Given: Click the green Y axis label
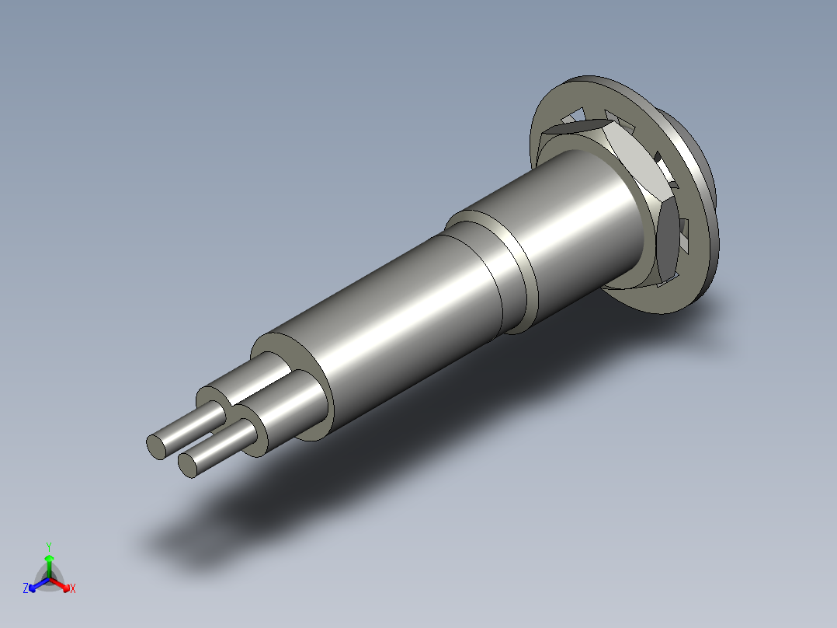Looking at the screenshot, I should tap(49, 546).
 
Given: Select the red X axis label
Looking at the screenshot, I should tap(73, 589).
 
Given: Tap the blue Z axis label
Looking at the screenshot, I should tap(26, 589).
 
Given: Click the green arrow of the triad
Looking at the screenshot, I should tap(49, 561).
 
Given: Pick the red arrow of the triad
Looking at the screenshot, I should tap(62, 584).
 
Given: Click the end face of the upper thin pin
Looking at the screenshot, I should tap(156, 445).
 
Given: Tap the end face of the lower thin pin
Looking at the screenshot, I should tap(187, 465).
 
